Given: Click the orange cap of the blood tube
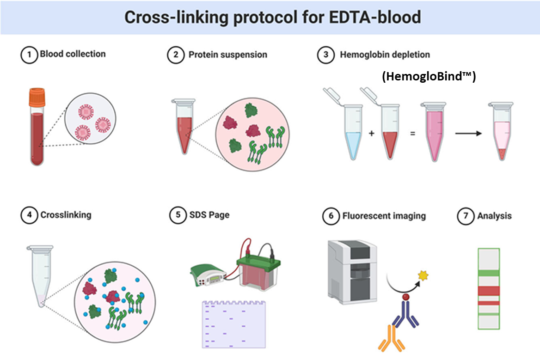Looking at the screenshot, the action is pyautogui.click(x=37, y=97).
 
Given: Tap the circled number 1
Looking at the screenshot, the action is pyautogui.click(x=29, y=55).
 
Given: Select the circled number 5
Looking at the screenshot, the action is pyautogui.click(x=178, y=215).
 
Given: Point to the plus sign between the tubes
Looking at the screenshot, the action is pyautogui.click(x=372, y=133).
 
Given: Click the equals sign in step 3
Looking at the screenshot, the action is pyautogui.click(x=412, y=134).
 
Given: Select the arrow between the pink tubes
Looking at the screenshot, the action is pyautogui.click(x=468, y=134).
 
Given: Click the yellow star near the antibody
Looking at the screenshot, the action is pyautogui.click(x=423, y=275).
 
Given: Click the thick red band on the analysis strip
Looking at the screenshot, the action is pyautogui.click(x=489, y=291).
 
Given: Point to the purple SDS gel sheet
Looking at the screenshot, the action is pyautogui.click(x=234, y=324).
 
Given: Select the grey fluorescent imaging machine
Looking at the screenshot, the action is pyautogui.click(x=352, y=272).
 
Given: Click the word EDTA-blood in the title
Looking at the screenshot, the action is pyautogui.click(x=374, y=17).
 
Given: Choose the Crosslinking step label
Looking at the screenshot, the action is pyautogui.click(x=66, y=215).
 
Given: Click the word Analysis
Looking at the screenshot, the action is pyautogui.click(x=494, y=216).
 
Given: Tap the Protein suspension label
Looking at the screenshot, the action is pyautogui.click(x=227, y=55).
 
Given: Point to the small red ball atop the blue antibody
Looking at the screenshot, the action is pyautogui.click(x=406, y=297).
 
